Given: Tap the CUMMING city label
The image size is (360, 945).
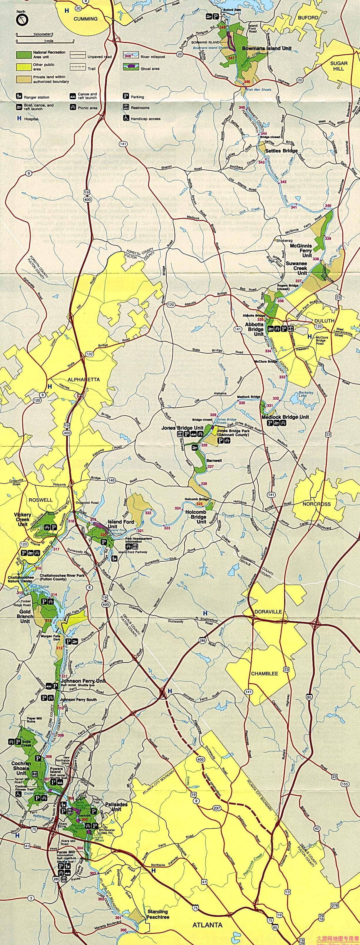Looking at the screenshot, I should tap(86, 19).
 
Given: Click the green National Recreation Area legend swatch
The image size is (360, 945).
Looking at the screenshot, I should tap(24, 55).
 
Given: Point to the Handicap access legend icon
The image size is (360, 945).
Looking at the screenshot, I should tap(126, 118).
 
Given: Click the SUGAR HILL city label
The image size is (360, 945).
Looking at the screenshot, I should tap(338, 66).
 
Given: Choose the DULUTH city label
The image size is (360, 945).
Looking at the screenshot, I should tap(325, 320).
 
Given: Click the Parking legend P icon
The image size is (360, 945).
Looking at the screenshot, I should tap(125, 97).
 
